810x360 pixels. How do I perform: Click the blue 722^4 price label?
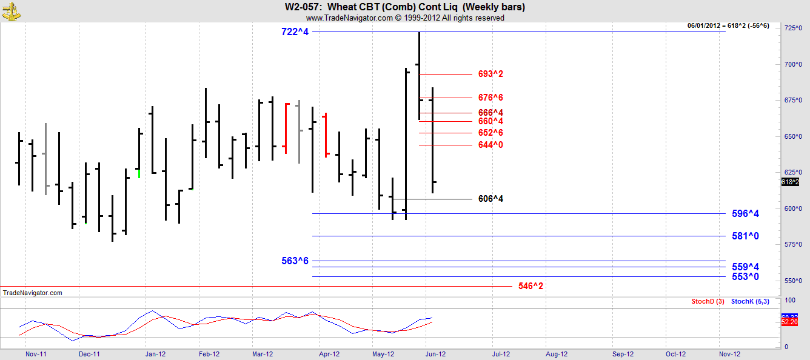295,32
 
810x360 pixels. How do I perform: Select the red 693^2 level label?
490,74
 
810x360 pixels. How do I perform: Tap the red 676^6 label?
490,98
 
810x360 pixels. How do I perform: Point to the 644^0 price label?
490,145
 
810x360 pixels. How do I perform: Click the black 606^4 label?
490,199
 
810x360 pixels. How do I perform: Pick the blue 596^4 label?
745,213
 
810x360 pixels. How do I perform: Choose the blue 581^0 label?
745,236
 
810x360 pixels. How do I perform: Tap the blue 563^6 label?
295,261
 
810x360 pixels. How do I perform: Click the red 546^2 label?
531,286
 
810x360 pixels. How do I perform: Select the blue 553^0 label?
745,276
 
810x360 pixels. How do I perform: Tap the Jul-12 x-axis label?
501,354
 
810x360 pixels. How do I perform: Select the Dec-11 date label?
89,354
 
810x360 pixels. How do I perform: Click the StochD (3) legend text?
708,301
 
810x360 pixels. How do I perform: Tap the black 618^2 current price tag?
789,182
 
